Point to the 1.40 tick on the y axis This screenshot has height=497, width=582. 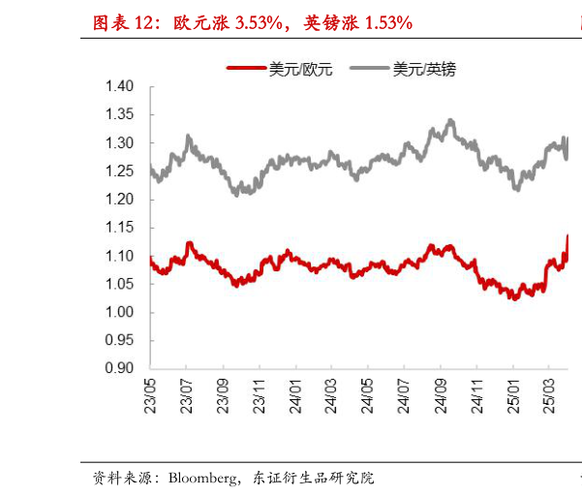[119, 86]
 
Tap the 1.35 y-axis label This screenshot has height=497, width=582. [119, 114]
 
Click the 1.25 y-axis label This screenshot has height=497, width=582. [119, 171]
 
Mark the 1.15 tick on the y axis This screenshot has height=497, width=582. [119, 228]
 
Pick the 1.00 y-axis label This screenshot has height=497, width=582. [119, 312]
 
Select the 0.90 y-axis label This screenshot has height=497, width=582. [119, 368]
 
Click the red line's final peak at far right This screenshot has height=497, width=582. [567, 235]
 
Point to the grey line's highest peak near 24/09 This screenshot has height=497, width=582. [451, 120]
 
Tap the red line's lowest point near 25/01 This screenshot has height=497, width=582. [514, 298]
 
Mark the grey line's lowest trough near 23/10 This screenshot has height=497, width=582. [236, 195]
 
